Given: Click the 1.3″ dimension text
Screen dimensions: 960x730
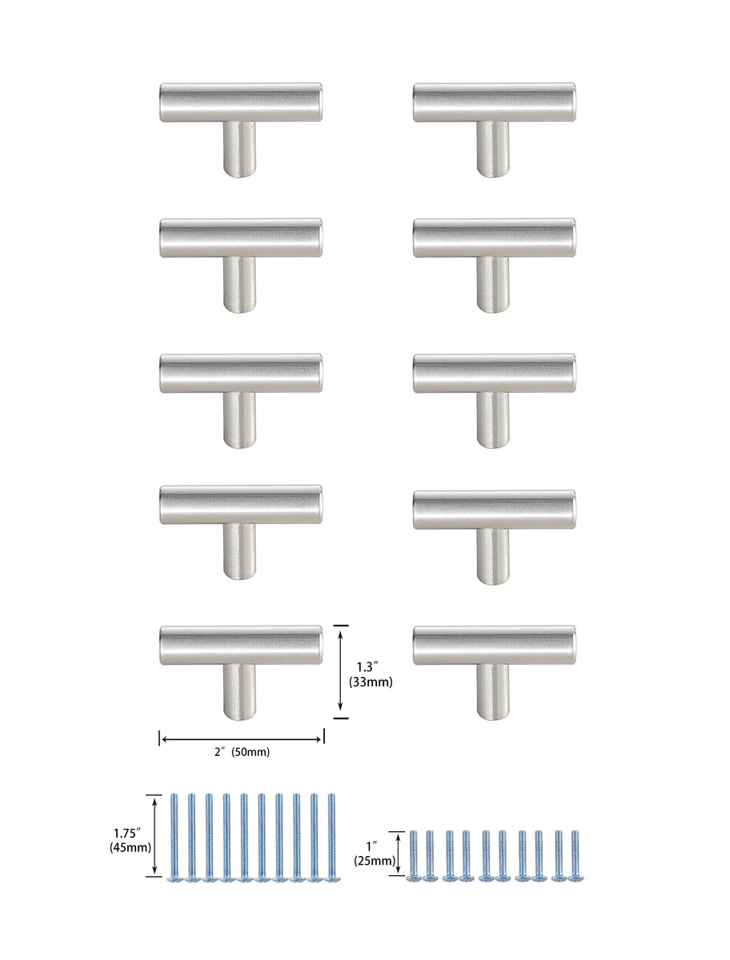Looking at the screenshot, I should pos(369,665).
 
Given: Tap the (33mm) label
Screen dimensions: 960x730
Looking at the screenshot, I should pos(370,682).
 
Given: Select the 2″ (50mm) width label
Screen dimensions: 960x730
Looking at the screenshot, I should pos(241,752).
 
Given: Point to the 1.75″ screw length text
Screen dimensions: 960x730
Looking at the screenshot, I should pos(130,831).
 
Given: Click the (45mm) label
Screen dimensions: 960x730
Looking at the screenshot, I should pos(130,847).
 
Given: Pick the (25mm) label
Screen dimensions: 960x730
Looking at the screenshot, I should pos(375,862).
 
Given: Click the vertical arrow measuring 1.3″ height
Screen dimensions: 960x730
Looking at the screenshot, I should pos(342,671).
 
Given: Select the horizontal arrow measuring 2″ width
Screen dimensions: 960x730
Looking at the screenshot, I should pos(241,739).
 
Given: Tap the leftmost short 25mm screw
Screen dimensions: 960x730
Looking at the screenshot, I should pos(413,856).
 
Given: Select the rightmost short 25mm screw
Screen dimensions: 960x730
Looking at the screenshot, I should pos(574,856).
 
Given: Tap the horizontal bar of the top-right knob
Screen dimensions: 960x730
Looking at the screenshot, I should pos(494,102).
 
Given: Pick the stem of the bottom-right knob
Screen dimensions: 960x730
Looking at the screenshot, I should pos(493,691).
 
